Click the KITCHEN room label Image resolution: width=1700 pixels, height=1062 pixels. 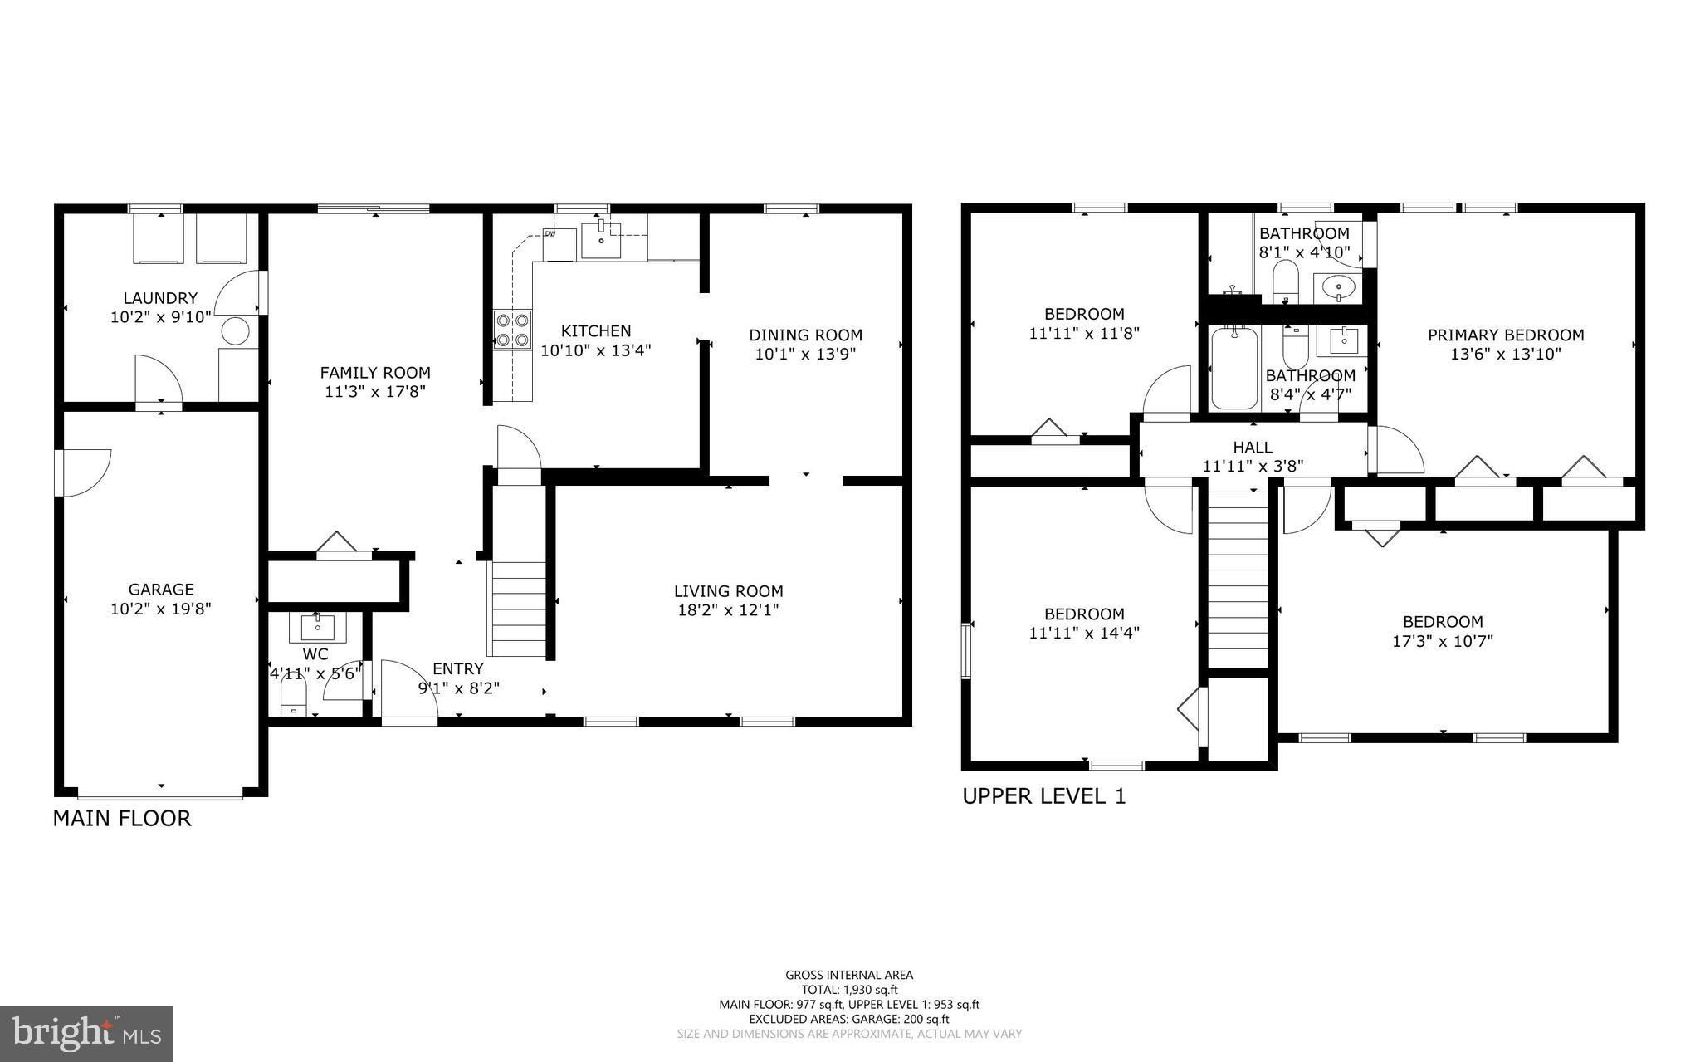[x=595, y=330]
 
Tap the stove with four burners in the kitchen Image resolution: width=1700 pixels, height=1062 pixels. [x=512, y=329]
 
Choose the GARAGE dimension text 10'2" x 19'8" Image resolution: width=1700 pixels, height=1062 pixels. [x=161, y=609]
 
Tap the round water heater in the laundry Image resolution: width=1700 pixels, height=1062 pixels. [x=235, y=330]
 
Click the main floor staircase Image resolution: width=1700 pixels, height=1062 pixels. [x=519, y=610]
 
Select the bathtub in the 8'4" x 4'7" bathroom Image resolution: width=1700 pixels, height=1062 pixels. [x=1234, y=368]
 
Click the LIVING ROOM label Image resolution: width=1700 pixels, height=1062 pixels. [x=728, y=591]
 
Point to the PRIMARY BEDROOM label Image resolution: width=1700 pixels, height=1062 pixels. [x=1505, y=335]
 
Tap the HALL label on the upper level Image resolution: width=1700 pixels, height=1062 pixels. [x=1252, y=448]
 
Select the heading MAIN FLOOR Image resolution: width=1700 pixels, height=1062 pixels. [x=122, y=818]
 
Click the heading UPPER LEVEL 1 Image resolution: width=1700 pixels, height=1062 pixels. [x=1043, y=795]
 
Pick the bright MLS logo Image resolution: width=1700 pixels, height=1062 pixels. [x=86, y=1033]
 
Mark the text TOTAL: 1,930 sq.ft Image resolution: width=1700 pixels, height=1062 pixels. [x=848, y=990]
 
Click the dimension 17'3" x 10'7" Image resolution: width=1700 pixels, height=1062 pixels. [x=1442, y=641]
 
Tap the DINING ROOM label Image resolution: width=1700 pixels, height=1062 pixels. [x=805, y=335]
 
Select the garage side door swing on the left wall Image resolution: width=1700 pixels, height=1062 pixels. [x=83, y=472]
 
